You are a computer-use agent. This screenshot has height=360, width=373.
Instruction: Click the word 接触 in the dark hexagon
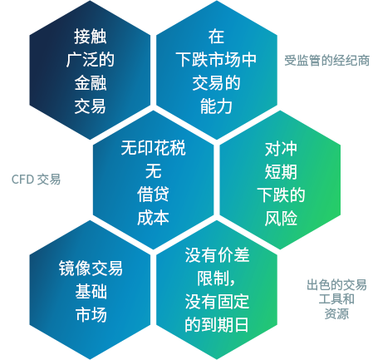(x=91, y=37)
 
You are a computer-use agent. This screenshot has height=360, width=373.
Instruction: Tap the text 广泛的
(x=91, y=60)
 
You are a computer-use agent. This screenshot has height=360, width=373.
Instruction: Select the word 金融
(x=91, y=83)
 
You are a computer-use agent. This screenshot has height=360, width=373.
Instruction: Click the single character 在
(x=216, y=37)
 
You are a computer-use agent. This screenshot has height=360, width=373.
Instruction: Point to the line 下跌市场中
(x=216, y=60)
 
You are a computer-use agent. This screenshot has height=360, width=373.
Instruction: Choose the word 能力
(x=216, y=106)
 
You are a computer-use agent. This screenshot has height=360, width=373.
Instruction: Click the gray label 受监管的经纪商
(x=327, y=61)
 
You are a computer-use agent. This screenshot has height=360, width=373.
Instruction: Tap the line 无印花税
(x=153, y=148)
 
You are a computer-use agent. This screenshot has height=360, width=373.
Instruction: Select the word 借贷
(x=153, y=195)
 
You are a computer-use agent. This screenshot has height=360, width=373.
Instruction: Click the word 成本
(x=153, y=218)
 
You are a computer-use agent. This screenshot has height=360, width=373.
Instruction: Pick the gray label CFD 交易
(x=36, y=180)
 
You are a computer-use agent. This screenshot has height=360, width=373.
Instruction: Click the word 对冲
(x=281, y=149)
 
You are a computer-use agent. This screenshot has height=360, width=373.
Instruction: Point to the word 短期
(x=281, y=172)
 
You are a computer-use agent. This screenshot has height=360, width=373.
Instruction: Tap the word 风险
(x=281, y=219)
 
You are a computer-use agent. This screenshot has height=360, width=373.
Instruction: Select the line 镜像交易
(x=91, y=269)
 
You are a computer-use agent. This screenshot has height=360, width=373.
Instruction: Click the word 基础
(x=91, y=292)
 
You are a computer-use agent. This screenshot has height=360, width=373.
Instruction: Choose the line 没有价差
(x=217, y=255)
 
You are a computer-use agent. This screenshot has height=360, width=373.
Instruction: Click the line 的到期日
(x=217, y=325)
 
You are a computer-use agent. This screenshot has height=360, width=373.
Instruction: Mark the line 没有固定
(x=217, y=302)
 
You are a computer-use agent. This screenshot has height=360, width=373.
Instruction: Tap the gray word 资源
(x=336, y=313)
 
